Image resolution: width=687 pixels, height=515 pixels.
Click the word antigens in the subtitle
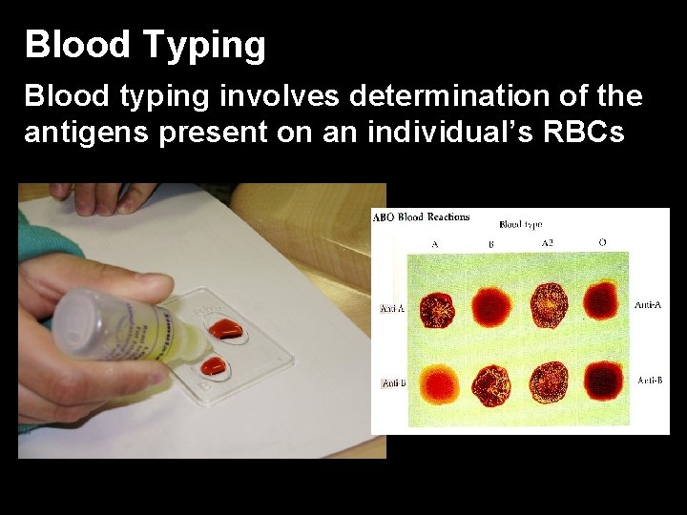(85, 133)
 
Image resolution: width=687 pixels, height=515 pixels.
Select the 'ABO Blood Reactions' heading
(421, 217)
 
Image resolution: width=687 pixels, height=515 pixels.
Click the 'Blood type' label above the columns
(521, 225)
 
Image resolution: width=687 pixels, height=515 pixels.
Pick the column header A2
(548, 243)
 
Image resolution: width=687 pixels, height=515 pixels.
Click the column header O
(602, 242)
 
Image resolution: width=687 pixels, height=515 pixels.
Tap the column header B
(491, 244)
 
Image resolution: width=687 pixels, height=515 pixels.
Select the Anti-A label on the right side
(648, 304)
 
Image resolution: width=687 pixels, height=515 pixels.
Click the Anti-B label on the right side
(649, 380)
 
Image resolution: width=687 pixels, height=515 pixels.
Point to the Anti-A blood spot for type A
(437, 308)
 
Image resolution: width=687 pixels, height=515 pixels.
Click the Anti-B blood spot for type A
(438, 382)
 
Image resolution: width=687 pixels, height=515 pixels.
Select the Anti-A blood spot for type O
(602, 302)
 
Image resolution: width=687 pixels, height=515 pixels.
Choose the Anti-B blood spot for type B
(494, 384)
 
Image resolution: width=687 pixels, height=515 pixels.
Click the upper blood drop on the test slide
(227, 329)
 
